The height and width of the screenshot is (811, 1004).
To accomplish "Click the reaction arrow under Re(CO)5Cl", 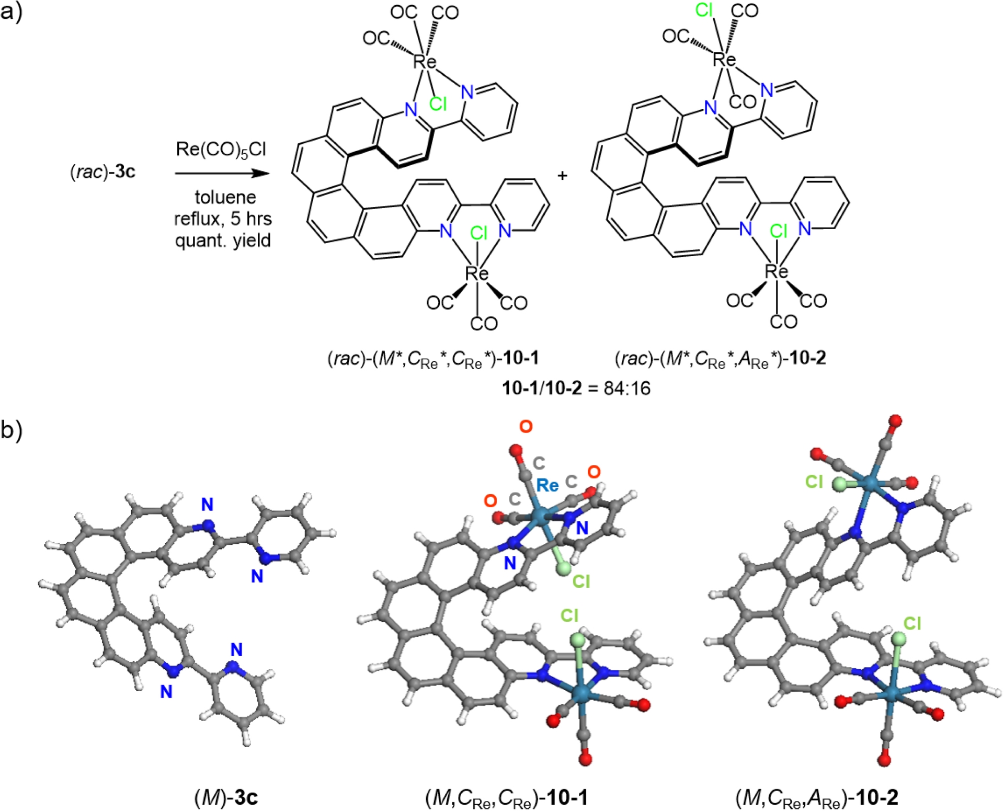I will (222, 173).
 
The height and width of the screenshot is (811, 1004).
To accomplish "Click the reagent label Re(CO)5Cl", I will (221, 150).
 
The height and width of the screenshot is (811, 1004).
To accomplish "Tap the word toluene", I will (225, 197).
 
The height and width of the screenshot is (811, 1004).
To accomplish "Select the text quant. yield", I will (223, 241).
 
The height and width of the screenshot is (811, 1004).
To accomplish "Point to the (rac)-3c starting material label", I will (102, 172).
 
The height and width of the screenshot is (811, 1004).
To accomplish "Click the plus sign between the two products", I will (562, 176).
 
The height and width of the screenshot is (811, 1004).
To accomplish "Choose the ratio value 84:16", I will (627, 389).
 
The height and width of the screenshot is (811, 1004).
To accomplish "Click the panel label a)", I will (12, 11).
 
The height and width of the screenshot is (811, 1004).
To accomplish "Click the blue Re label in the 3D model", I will (547, 486).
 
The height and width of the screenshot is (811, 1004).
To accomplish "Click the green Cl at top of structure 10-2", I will (704, 10).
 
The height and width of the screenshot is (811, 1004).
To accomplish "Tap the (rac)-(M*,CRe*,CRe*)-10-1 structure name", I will (433, 359).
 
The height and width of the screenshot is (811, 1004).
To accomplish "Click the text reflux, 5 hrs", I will (223, 219).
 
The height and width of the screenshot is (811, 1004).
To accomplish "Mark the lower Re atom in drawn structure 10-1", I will (476, 273).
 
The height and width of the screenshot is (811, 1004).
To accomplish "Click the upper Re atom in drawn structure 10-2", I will (724, 60).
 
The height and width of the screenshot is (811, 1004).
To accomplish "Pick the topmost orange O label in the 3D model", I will (526, 427).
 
